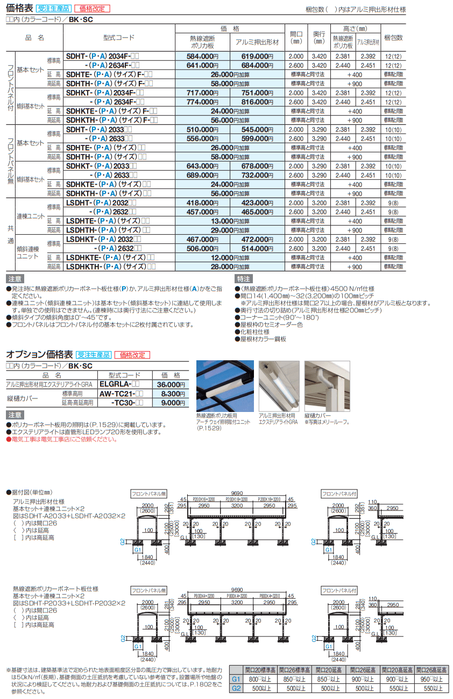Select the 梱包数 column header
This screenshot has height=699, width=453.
[393, 38]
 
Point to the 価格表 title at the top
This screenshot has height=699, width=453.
[18, 9]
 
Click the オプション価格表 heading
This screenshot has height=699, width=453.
[39, 355]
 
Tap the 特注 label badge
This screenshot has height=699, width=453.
[243, 279]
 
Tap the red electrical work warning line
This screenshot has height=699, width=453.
[61, 439]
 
